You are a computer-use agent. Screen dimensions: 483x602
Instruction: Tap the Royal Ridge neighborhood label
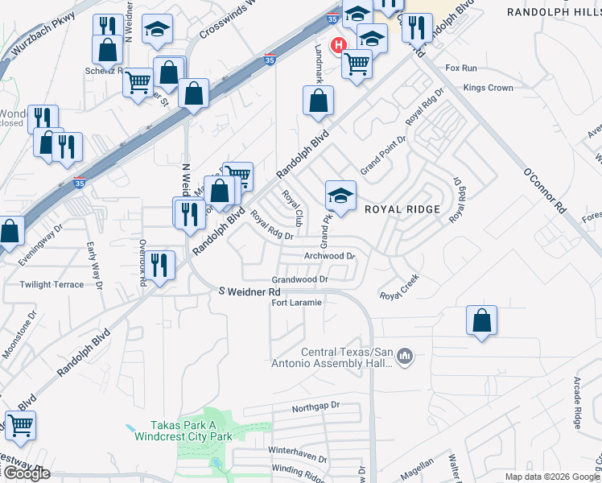[x=402, y=209]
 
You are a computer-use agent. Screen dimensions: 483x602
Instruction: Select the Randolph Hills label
[x=554, y=11]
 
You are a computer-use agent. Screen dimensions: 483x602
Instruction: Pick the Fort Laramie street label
[x=297, y=303]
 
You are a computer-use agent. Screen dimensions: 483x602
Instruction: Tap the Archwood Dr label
[x=329, y=256]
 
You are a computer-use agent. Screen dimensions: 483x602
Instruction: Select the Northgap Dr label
[x=316, y=407]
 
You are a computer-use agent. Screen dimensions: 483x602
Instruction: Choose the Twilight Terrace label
[x=52, y=285]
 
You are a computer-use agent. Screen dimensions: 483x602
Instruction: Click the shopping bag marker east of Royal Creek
[x=480, y=321]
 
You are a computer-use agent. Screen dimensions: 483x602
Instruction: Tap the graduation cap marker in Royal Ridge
[x=340, y=196]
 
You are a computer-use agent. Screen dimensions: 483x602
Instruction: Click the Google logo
[x=26, y=473]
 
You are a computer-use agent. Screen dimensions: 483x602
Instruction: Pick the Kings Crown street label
[x=489, y=88]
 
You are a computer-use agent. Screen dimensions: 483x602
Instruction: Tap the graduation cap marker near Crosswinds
[x=158, y=30]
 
